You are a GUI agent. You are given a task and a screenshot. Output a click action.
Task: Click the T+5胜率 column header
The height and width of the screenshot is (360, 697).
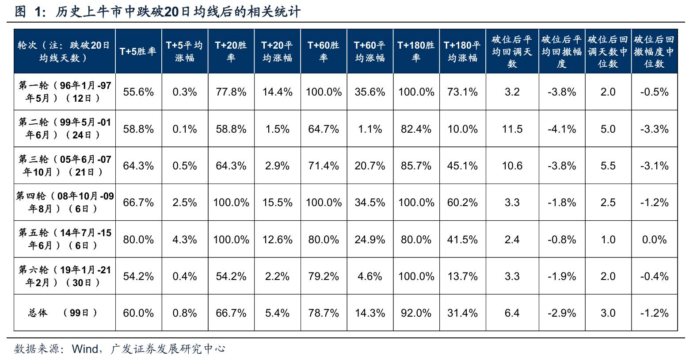(138, 51)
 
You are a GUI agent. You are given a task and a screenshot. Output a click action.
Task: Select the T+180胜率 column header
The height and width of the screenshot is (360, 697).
(416, 51)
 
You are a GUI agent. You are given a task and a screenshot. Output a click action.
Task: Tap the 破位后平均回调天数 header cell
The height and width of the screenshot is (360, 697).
(512, 51)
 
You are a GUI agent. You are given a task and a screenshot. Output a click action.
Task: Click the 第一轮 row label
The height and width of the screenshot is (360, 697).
(65, 92)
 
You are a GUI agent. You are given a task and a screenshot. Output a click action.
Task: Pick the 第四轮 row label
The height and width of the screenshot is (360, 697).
(65, 202)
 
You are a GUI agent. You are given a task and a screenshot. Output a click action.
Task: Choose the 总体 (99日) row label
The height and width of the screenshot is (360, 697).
(65, 313)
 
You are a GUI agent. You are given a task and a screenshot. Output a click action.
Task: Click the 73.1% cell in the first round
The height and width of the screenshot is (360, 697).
(462, 92)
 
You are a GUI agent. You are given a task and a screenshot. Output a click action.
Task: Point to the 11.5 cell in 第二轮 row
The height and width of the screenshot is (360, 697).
(512, 129)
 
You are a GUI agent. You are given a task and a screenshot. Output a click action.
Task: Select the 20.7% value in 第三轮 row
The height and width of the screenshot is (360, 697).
(370, 166)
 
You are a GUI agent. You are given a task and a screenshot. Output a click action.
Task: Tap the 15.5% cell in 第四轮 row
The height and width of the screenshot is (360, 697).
(277, 203)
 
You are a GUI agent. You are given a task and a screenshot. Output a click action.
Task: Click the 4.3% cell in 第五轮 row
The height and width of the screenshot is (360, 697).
(185, 240)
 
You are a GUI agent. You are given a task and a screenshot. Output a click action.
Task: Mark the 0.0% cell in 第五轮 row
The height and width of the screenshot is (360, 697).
(654, 240)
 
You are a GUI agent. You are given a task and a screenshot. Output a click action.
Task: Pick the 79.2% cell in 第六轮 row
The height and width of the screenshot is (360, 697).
(324, 276)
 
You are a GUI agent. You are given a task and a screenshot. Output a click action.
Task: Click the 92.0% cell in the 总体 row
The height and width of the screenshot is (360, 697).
(416, 313)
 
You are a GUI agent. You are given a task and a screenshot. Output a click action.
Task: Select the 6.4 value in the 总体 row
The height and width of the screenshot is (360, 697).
(512, 313)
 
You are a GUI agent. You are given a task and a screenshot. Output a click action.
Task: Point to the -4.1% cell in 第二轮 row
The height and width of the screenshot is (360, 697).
(562, 129)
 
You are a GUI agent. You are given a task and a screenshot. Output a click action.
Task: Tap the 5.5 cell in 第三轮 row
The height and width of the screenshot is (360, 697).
(608, 166)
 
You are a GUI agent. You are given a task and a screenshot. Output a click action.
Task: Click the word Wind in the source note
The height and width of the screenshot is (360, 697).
(85, 349)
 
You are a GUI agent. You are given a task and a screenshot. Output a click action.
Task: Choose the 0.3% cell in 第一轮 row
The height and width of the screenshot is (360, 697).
(185, 92)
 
